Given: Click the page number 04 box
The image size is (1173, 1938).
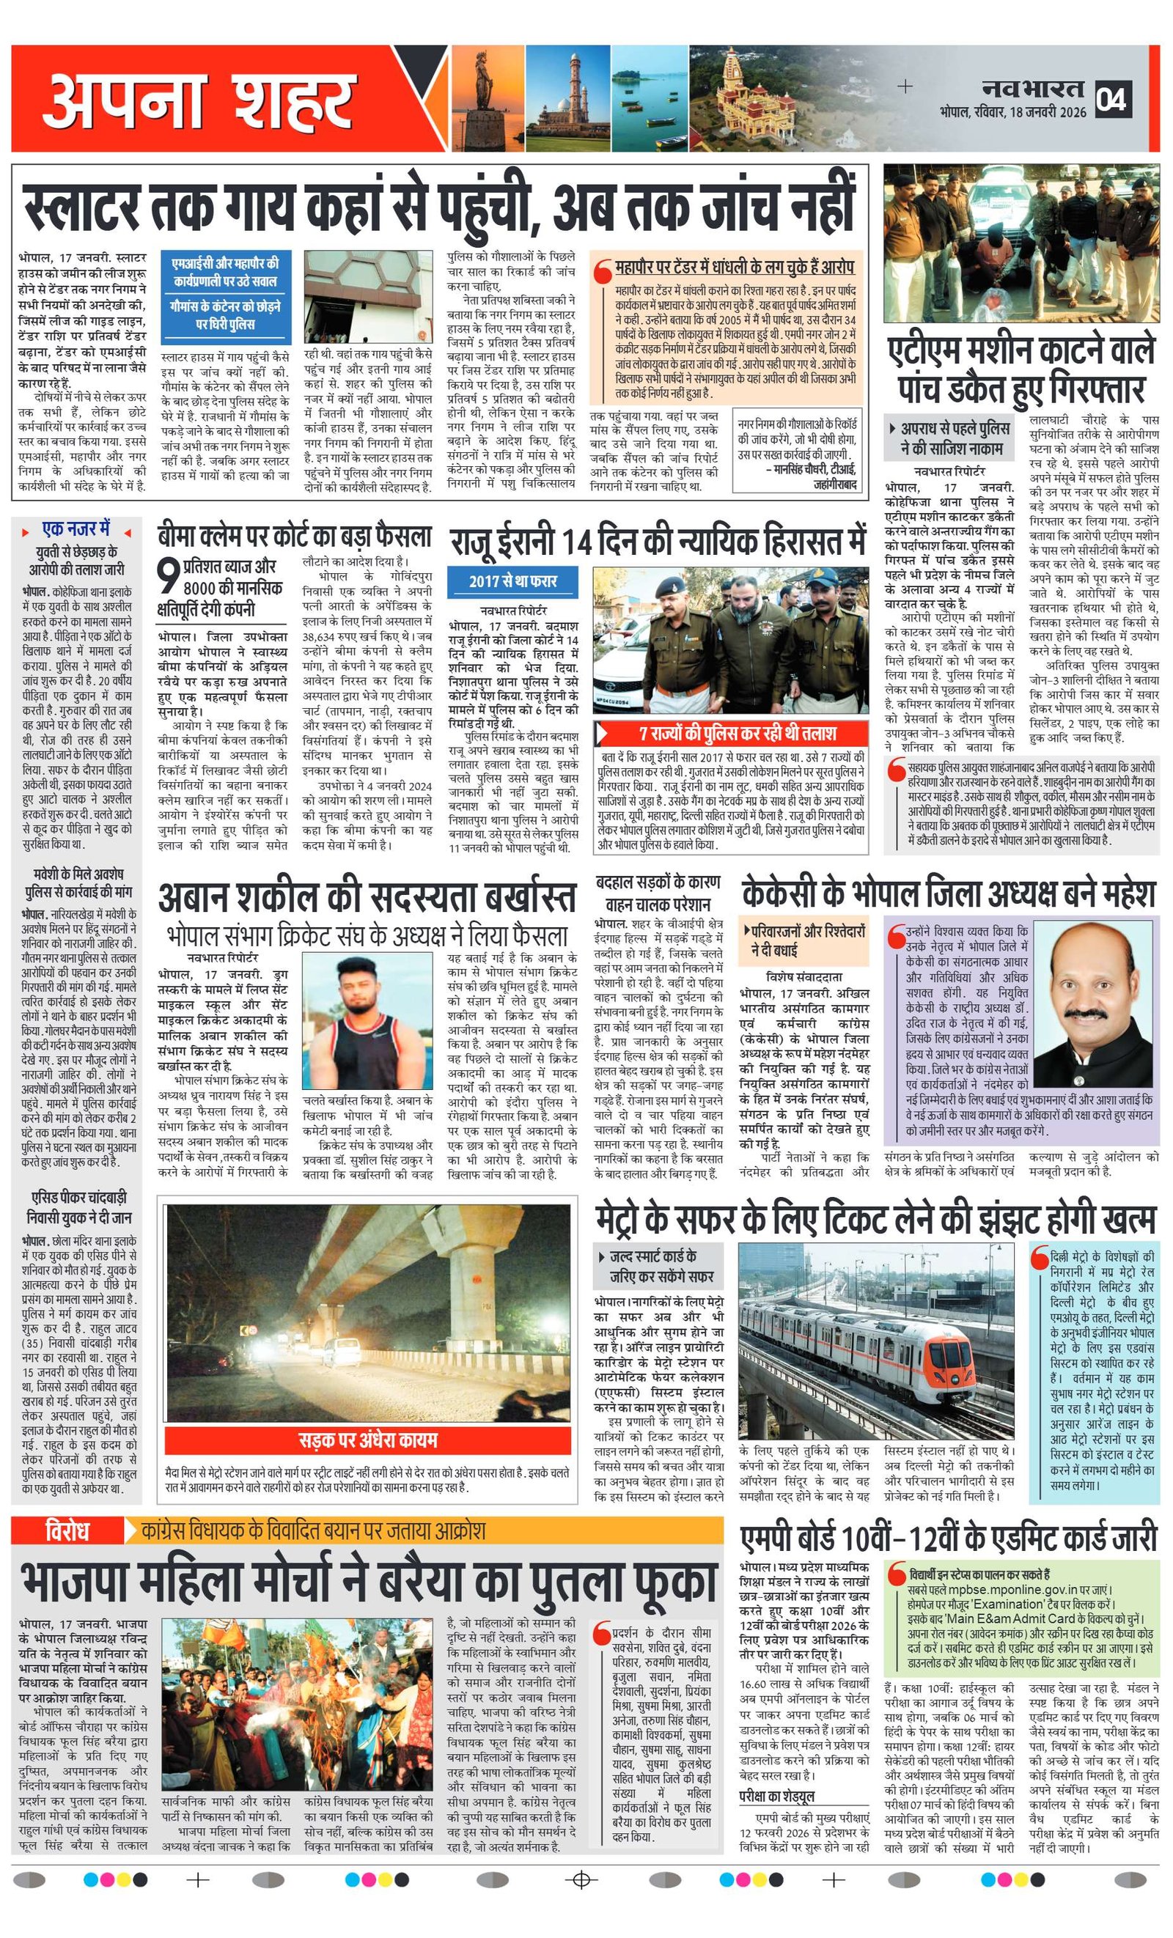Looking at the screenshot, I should pyautogui.click(x=1113, y=98).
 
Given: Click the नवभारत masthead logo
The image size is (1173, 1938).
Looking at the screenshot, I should pyautogui.click(x=1032, y=89).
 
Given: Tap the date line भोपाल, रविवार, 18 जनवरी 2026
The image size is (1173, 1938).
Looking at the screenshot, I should pyautogui.click(x=1012, y=111).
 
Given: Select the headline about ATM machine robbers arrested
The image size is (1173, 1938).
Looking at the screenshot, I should pyautogui.click(x=1021, y=369).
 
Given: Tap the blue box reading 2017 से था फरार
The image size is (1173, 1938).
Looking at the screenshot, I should pyautogui.click(x=512, y=581).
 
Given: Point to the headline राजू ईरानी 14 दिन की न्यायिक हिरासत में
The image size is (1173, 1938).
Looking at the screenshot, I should pyautogui.click(x=657, y=542).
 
